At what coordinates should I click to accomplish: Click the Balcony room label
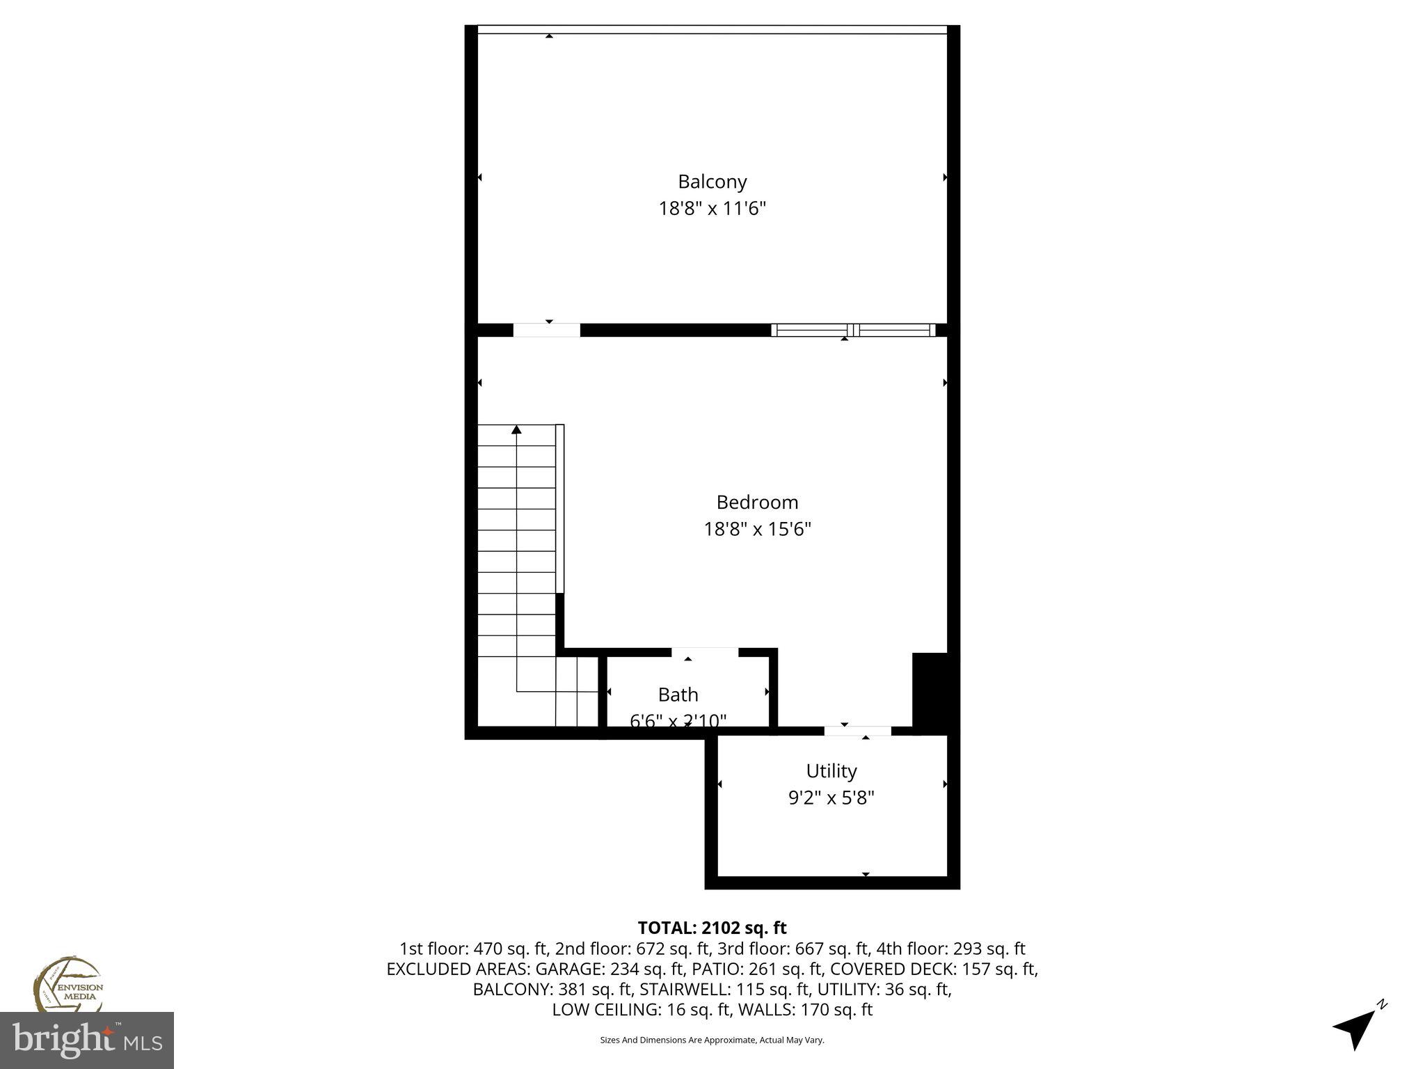pyautogui.click(x=712, y=182)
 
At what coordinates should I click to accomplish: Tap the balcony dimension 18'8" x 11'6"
pyautogui.click(x=712, y=208)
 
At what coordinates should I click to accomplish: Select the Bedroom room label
pyautogui.click(x=757, y=502)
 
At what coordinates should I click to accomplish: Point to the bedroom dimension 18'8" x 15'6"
pyautogui.click(x=757, y=529)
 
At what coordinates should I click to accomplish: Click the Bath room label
pyautogui.click(x=678, y=695)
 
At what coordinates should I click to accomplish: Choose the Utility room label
pyautogui.click(x=831, y=770)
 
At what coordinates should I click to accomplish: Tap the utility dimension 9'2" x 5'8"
pyautogui.click(x=831, y=798)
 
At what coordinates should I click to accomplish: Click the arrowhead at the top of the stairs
pyautogui.click(x=516, y=430)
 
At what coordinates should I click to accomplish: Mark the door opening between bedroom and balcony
pyautogui.click(x=546, y=330)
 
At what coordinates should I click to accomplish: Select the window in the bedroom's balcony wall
pyautogui.click(x=853, y=330)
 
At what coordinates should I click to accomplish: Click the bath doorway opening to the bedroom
pyautogui.click(x=704, y=652)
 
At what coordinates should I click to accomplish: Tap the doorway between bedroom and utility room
pyautogui.click(x=857, y=731)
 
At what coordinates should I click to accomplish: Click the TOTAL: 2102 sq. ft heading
pyautogui.click(x=712, y=928)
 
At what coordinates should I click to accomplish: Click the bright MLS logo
pyautogui.click(x=86, y=1040)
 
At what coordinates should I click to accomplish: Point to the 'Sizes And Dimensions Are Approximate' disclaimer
pyautogui.click(x=712, y=1040)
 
